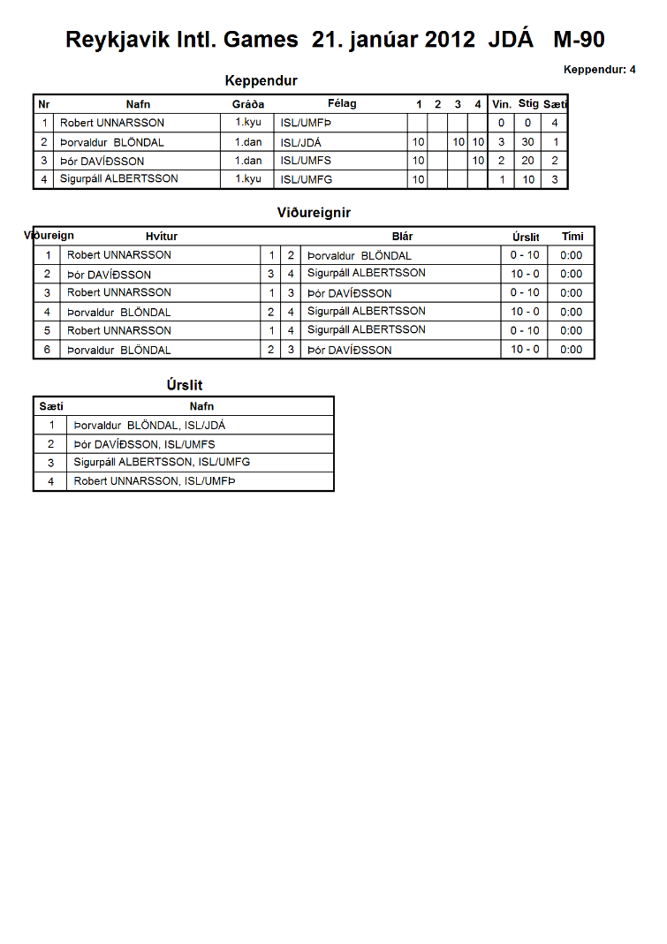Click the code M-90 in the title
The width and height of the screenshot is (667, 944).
[x=579, y=40]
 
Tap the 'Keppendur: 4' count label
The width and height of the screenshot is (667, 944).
[x=599, y=69]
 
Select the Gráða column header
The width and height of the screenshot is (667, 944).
[x=248, y=104]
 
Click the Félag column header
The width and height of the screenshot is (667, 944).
[x=342, y=103]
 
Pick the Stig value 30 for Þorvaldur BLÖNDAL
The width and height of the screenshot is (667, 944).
[x=527, y=142]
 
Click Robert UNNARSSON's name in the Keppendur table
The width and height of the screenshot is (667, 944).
[x=112, y=123]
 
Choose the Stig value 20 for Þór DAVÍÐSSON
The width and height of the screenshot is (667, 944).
[x=527, y=161]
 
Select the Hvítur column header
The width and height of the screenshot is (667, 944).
[x=162, y=236]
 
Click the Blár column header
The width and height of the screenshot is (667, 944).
[x=402, y=236]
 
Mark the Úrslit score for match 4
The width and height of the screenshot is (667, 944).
[x=525, y=312]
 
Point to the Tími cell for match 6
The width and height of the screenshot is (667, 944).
[x=572, y=350]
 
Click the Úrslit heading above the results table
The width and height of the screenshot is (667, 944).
[x=184, y=385]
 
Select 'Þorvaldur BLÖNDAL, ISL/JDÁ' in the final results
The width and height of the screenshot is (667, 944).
[x=149, y=426]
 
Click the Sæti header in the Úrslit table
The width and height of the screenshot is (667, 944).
[x=51, y=406]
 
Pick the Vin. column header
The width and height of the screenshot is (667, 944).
[x=502, y=104]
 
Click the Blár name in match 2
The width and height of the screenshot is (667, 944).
[x=366, y=274]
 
